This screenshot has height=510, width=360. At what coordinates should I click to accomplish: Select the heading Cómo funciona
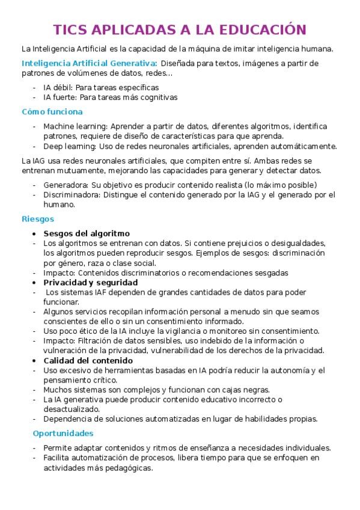click(x=52, y=112)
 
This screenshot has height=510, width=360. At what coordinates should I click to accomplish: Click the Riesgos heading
click(x=37, y=219)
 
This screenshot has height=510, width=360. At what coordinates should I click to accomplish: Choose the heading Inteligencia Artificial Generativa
click(x=89, y=63)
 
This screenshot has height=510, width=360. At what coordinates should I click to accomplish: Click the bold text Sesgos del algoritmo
click(x=87, y=233)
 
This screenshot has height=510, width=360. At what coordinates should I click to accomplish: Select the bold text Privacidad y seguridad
click(x=91, y=282)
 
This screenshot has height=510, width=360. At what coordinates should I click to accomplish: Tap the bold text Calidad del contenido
click(x=89, y=360)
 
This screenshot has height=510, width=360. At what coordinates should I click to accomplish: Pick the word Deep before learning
click(x=53, y=146)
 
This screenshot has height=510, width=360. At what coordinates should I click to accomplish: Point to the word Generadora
click(x=65, y=185)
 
